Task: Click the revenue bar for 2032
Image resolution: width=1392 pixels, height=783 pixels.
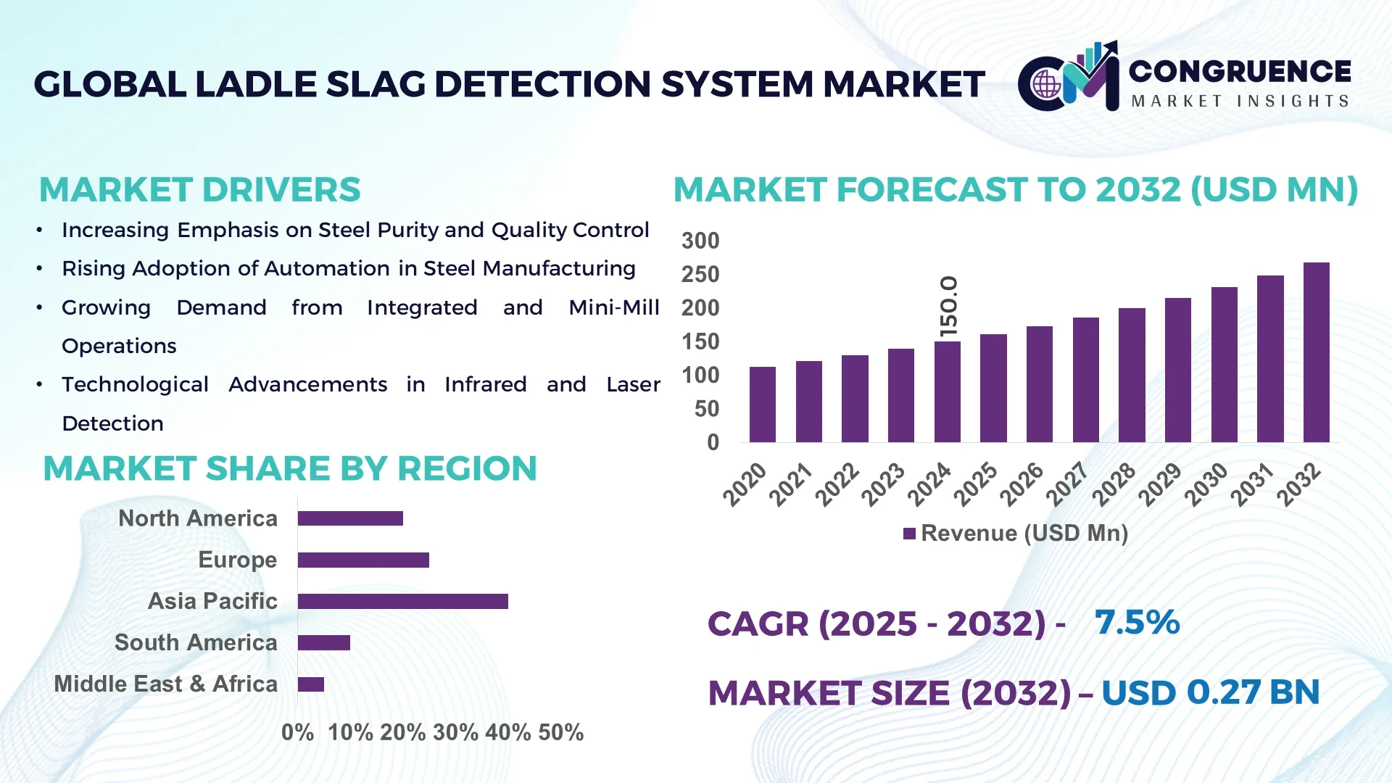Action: coord(1316,352)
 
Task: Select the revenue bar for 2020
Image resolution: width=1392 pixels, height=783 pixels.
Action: coord(762,405)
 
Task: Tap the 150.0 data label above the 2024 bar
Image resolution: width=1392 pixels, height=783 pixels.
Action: coord(948,306)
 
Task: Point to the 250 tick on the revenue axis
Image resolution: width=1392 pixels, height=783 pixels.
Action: coord(700,275)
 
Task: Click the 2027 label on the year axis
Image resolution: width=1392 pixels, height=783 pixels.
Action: coord(1067,484)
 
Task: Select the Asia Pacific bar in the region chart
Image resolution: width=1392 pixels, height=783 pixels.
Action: coord(402,601)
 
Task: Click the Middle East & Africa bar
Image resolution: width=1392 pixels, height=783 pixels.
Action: coord(310,684)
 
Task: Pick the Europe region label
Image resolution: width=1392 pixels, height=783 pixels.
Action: coord(237,560)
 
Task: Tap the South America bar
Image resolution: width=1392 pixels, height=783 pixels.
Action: coord(323,643)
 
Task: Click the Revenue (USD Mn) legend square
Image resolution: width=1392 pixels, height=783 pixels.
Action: coord(909,534)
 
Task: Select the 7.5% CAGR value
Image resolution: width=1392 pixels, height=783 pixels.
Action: coord(1137,622)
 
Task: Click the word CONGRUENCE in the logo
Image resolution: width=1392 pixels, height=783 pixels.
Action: coord(1239,71)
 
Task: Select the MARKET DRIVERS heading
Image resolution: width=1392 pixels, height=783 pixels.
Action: coord(199,190)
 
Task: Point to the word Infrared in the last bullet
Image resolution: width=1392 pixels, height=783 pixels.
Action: coord(485,384)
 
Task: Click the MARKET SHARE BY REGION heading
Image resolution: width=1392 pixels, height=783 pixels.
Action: coord(290,468)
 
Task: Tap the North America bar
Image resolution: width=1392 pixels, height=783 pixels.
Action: coord(350,518)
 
